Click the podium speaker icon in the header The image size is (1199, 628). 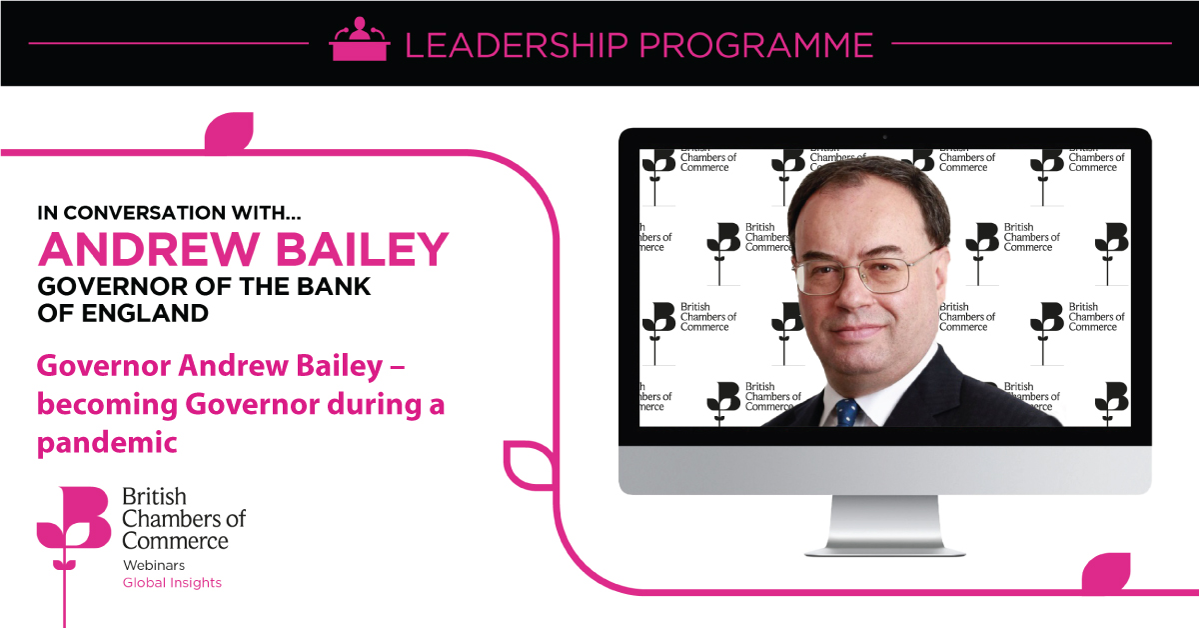pos(359,39)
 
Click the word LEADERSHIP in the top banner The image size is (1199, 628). pos(517,45)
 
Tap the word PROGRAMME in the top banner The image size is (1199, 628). pos(756,45)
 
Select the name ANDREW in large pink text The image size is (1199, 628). pos(149,249)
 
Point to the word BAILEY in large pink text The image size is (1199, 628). pos(363,249)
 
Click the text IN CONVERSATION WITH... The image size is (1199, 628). pos(169,213)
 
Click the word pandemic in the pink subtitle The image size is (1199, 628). pos(107,444)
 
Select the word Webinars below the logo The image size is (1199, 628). pos(154,565)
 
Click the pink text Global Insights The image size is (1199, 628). pos(172,582)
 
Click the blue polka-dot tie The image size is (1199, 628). pos(847,412)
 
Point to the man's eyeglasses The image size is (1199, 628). pos(865,273)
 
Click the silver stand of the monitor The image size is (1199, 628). pos(884,526)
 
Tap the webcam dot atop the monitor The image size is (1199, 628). pos(885,137)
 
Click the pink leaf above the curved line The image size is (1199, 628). pos(229,131)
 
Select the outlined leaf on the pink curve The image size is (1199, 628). pos(529,465)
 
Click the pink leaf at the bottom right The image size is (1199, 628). pos(1106,572)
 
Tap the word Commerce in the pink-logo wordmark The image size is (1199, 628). pos(175,541)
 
